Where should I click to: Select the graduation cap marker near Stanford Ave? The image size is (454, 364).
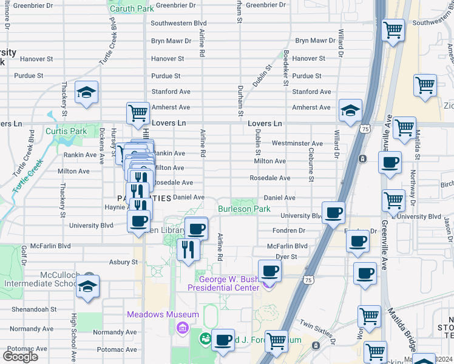(x=87, y=93)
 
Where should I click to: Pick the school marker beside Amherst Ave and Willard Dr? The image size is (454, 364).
(x=350, y=110)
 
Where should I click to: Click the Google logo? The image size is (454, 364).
(x=20, y=357)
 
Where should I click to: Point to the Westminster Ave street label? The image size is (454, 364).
(x=297, y=143)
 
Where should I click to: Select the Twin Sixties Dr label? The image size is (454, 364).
(x=317, y=332)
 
